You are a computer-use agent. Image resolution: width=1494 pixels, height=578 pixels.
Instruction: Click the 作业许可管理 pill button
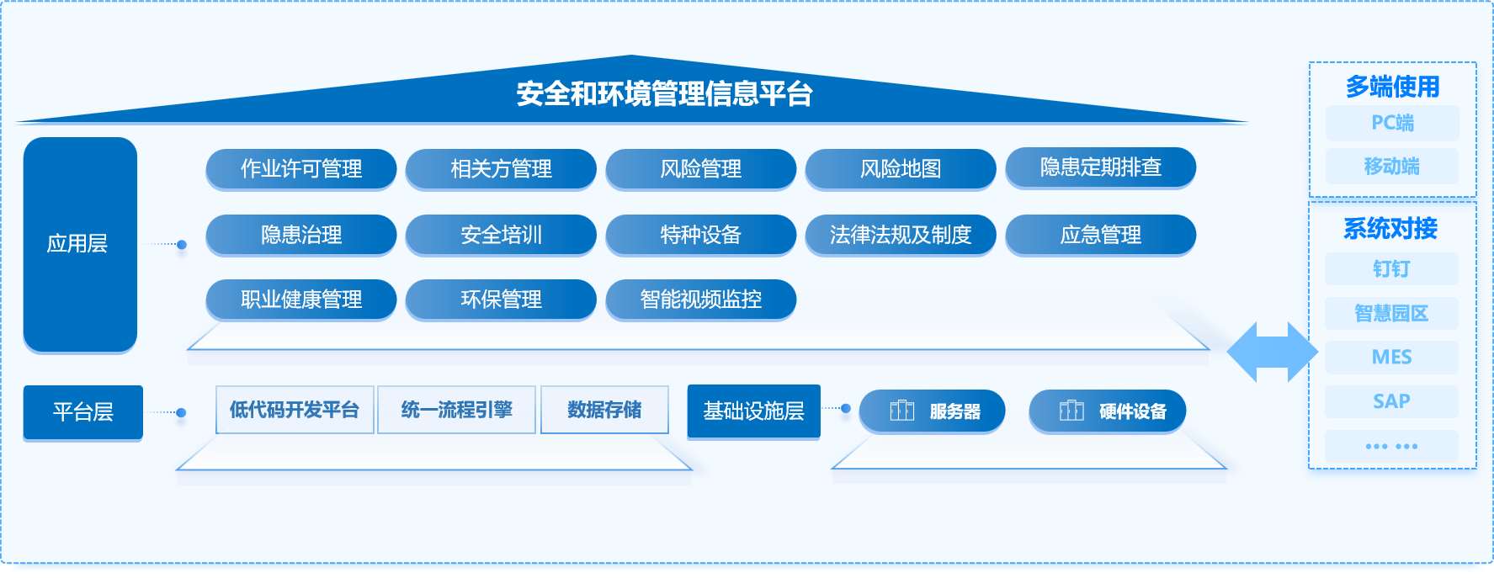(x=301, y=169)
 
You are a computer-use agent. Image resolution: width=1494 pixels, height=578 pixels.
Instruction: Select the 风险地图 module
(x=901, y=169)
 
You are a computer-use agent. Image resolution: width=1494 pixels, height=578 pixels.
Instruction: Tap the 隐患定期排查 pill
(x=1101, y=167)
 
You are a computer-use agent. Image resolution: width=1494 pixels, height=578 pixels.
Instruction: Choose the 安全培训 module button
(x=501, y=235)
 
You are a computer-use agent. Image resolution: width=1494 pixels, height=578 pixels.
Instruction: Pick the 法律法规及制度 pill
(x=901, y=235)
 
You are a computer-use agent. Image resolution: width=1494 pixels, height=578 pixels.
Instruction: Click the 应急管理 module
(x=1101, y=235)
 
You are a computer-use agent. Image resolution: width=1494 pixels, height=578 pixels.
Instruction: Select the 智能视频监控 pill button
(x=701, y=300)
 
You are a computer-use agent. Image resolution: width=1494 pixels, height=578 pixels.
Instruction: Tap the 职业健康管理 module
(x=301, y=300)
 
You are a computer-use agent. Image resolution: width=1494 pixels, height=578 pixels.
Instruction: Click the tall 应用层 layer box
(x=80, y=244)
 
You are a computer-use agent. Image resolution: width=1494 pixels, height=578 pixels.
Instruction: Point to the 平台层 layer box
(x=83, y=412)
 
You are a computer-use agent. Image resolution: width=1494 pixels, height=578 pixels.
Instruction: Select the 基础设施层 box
(x=754, y=411)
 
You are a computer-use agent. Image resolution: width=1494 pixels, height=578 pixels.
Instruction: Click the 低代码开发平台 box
(x=295, y=410)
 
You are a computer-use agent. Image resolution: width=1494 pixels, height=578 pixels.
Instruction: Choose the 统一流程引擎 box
(x=457, y=410)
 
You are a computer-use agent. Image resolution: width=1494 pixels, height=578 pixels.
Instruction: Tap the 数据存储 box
(x=604, y=410)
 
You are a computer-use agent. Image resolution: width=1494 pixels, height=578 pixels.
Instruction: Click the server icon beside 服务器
(x=902, y=411)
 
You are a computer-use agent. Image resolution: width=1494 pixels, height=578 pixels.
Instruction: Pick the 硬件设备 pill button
(x=1108, y=411)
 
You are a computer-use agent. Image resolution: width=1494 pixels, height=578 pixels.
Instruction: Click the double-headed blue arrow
(x=1272, y=353)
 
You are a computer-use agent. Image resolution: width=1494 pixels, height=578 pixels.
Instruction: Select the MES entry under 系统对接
(x=1392, y=358)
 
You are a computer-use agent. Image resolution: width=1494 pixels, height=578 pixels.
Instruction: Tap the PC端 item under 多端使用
(x=1392, y=123)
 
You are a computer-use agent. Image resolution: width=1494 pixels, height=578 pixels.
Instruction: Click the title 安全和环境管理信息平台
(x=664, y=93)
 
